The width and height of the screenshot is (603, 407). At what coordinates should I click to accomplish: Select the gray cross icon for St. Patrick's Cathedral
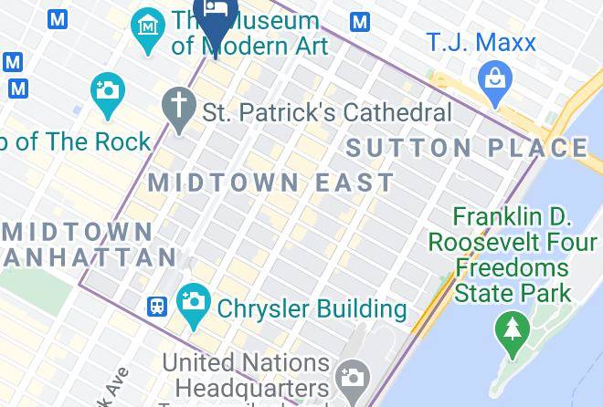(x=178, y=106)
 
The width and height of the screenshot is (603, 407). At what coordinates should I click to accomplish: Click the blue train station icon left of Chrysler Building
(x=158, y=306)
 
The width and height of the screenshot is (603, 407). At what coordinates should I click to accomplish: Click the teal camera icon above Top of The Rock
(x=107, y=93)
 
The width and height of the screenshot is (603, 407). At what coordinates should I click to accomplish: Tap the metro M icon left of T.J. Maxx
(x=360, y=22)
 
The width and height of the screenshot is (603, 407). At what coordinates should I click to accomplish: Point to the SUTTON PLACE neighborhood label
(x=467, y=148)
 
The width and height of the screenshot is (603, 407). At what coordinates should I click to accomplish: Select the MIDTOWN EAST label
(x=271, y=182)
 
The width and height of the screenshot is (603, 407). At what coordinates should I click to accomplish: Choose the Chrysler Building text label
(x=312, y=308)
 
